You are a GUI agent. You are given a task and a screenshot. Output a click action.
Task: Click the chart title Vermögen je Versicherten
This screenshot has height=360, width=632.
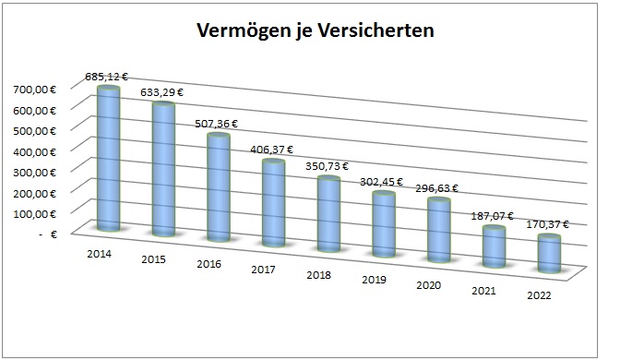[x=316, y=30]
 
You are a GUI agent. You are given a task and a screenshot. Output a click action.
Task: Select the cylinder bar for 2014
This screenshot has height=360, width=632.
[x=108, y=157]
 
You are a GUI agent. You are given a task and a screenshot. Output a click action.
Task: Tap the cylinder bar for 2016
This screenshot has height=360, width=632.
[x=219, y=189]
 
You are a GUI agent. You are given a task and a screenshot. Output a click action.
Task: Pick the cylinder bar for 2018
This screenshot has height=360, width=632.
[x=329, y=215]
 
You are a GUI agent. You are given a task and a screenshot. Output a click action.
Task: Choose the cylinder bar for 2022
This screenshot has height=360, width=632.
[x=550, y=254]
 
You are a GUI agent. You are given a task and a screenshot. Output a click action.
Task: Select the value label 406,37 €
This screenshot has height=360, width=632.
[x=273, y=150]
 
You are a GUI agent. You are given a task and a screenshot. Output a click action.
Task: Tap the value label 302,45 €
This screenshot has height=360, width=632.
[x=382, y=182]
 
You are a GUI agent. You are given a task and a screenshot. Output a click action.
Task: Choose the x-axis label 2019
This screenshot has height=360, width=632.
[x=375, y=280]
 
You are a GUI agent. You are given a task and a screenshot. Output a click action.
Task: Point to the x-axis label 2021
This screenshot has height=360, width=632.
[x=483, y=291]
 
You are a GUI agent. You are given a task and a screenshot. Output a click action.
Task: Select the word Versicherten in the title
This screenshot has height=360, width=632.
[x=376, y=30]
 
